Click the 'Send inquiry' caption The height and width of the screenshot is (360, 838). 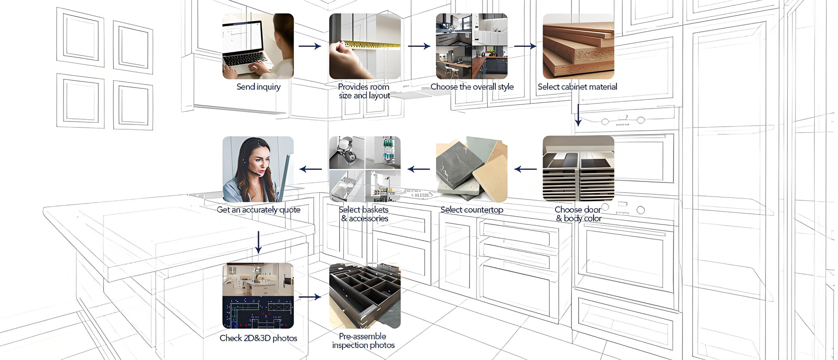258,87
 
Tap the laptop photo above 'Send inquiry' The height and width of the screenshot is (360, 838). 258,46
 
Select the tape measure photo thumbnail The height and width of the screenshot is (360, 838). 365,46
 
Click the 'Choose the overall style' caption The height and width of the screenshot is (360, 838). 472,87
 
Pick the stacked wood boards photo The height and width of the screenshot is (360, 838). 578,46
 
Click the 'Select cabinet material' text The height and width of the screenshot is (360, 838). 577,87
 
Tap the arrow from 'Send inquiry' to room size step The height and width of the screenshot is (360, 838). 310,46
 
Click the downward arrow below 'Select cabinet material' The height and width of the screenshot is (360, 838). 578,115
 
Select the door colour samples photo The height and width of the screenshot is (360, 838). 578,169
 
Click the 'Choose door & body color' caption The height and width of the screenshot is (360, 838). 578,214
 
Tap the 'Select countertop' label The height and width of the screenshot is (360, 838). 472,210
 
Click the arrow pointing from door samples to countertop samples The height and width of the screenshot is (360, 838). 525,169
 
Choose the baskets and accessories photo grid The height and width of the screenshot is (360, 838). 365,169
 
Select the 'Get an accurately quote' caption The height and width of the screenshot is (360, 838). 258,210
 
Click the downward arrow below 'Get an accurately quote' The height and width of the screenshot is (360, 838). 258,242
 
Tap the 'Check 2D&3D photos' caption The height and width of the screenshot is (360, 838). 258,338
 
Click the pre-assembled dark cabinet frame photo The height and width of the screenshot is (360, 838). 365,296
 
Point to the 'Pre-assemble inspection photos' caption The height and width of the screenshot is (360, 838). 363,341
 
